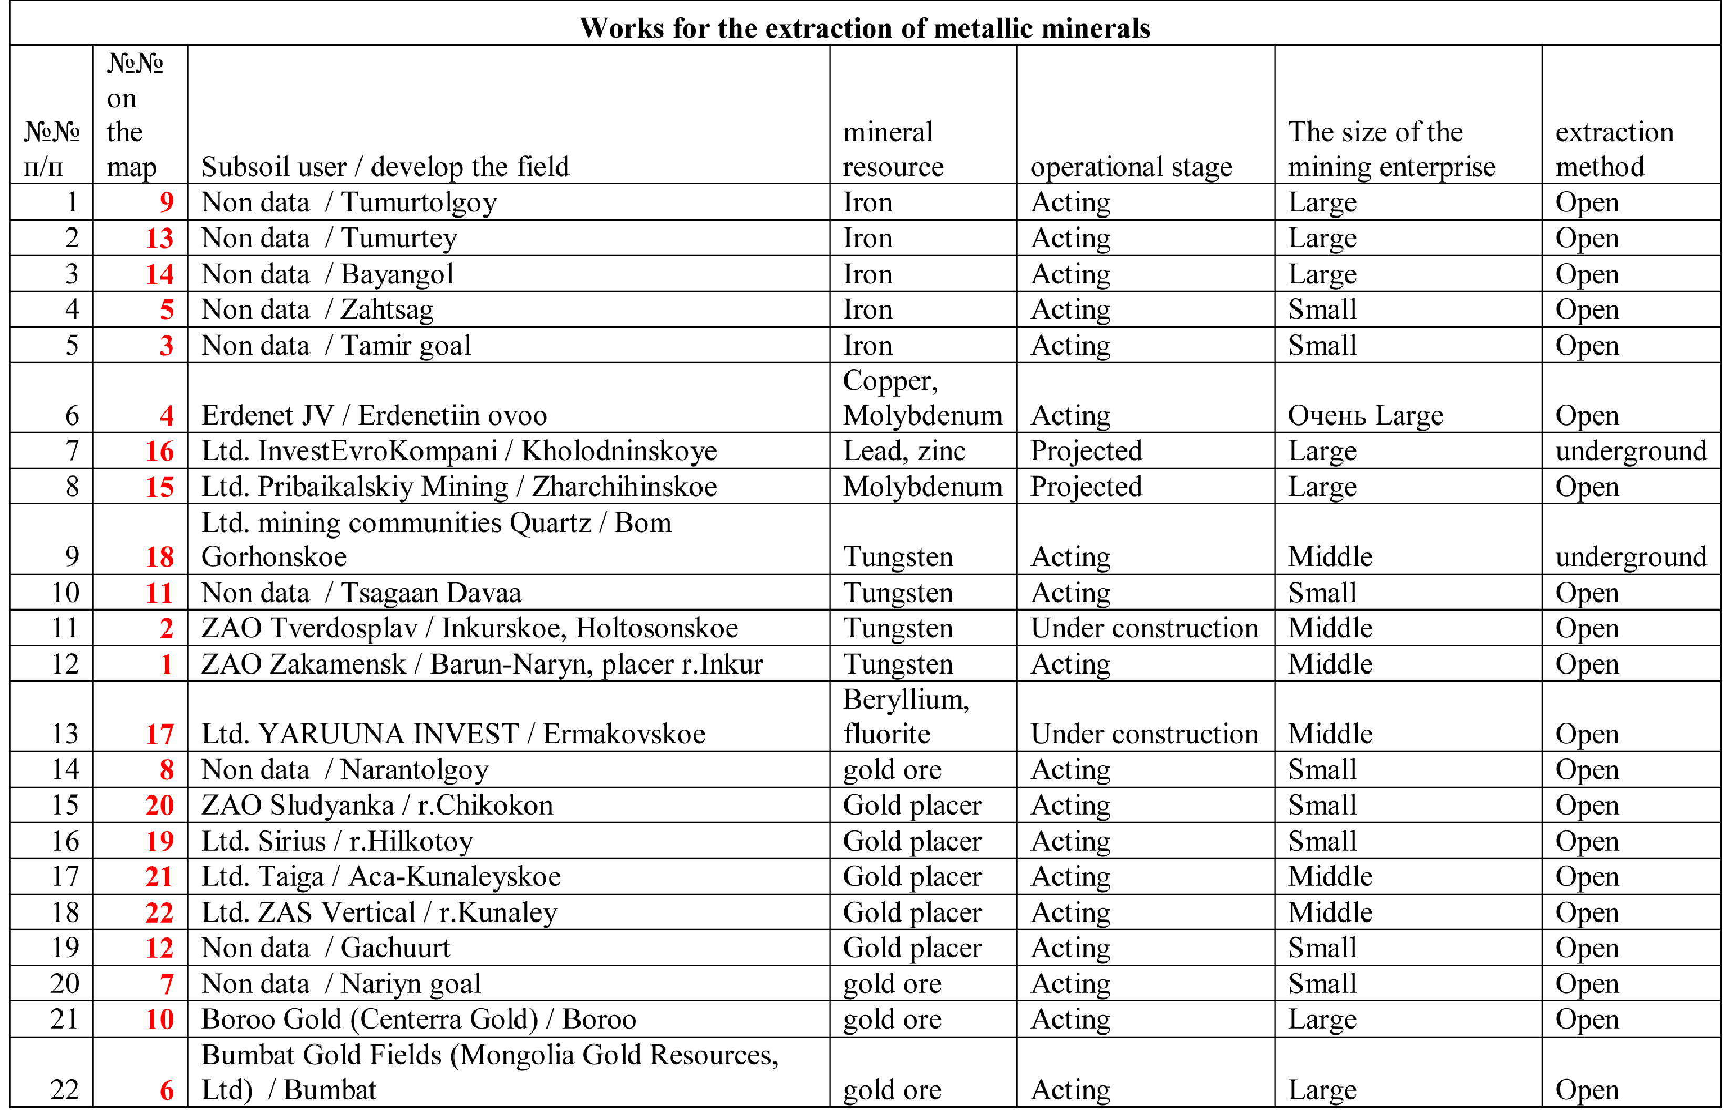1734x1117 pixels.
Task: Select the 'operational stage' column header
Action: (x=1131, y=167)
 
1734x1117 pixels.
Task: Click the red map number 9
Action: (x=167, y=202)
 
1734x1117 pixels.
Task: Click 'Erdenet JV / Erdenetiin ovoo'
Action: (x=374, y=416)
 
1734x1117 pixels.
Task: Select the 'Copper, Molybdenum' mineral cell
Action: (x=922, y=398)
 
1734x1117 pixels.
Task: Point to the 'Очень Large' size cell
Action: (x=1365, y=416)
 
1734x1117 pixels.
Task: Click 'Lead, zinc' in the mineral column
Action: (x=904, y=451)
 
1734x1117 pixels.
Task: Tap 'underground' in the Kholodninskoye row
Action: (x=1630, y=451)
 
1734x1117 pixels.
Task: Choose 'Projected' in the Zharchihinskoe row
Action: (x=1086, y=487)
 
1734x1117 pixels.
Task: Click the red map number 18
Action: (x=160, y=557)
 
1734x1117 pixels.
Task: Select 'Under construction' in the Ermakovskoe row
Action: (x=1144, y=734)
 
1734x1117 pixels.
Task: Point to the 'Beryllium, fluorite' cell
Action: (x=906, y=717)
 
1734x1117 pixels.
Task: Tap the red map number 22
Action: (x=160, y=913)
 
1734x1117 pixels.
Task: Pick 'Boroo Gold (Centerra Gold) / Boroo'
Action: (x=418, y=1019)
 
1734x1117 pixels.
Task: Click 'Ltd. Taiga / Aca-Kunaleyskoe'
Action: (x=381, y=877)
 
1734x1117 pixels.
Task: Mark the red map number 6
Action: (x=167, y=1090)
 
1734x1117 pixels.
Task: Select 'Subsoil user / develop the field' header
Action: (x=385, y=167)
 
